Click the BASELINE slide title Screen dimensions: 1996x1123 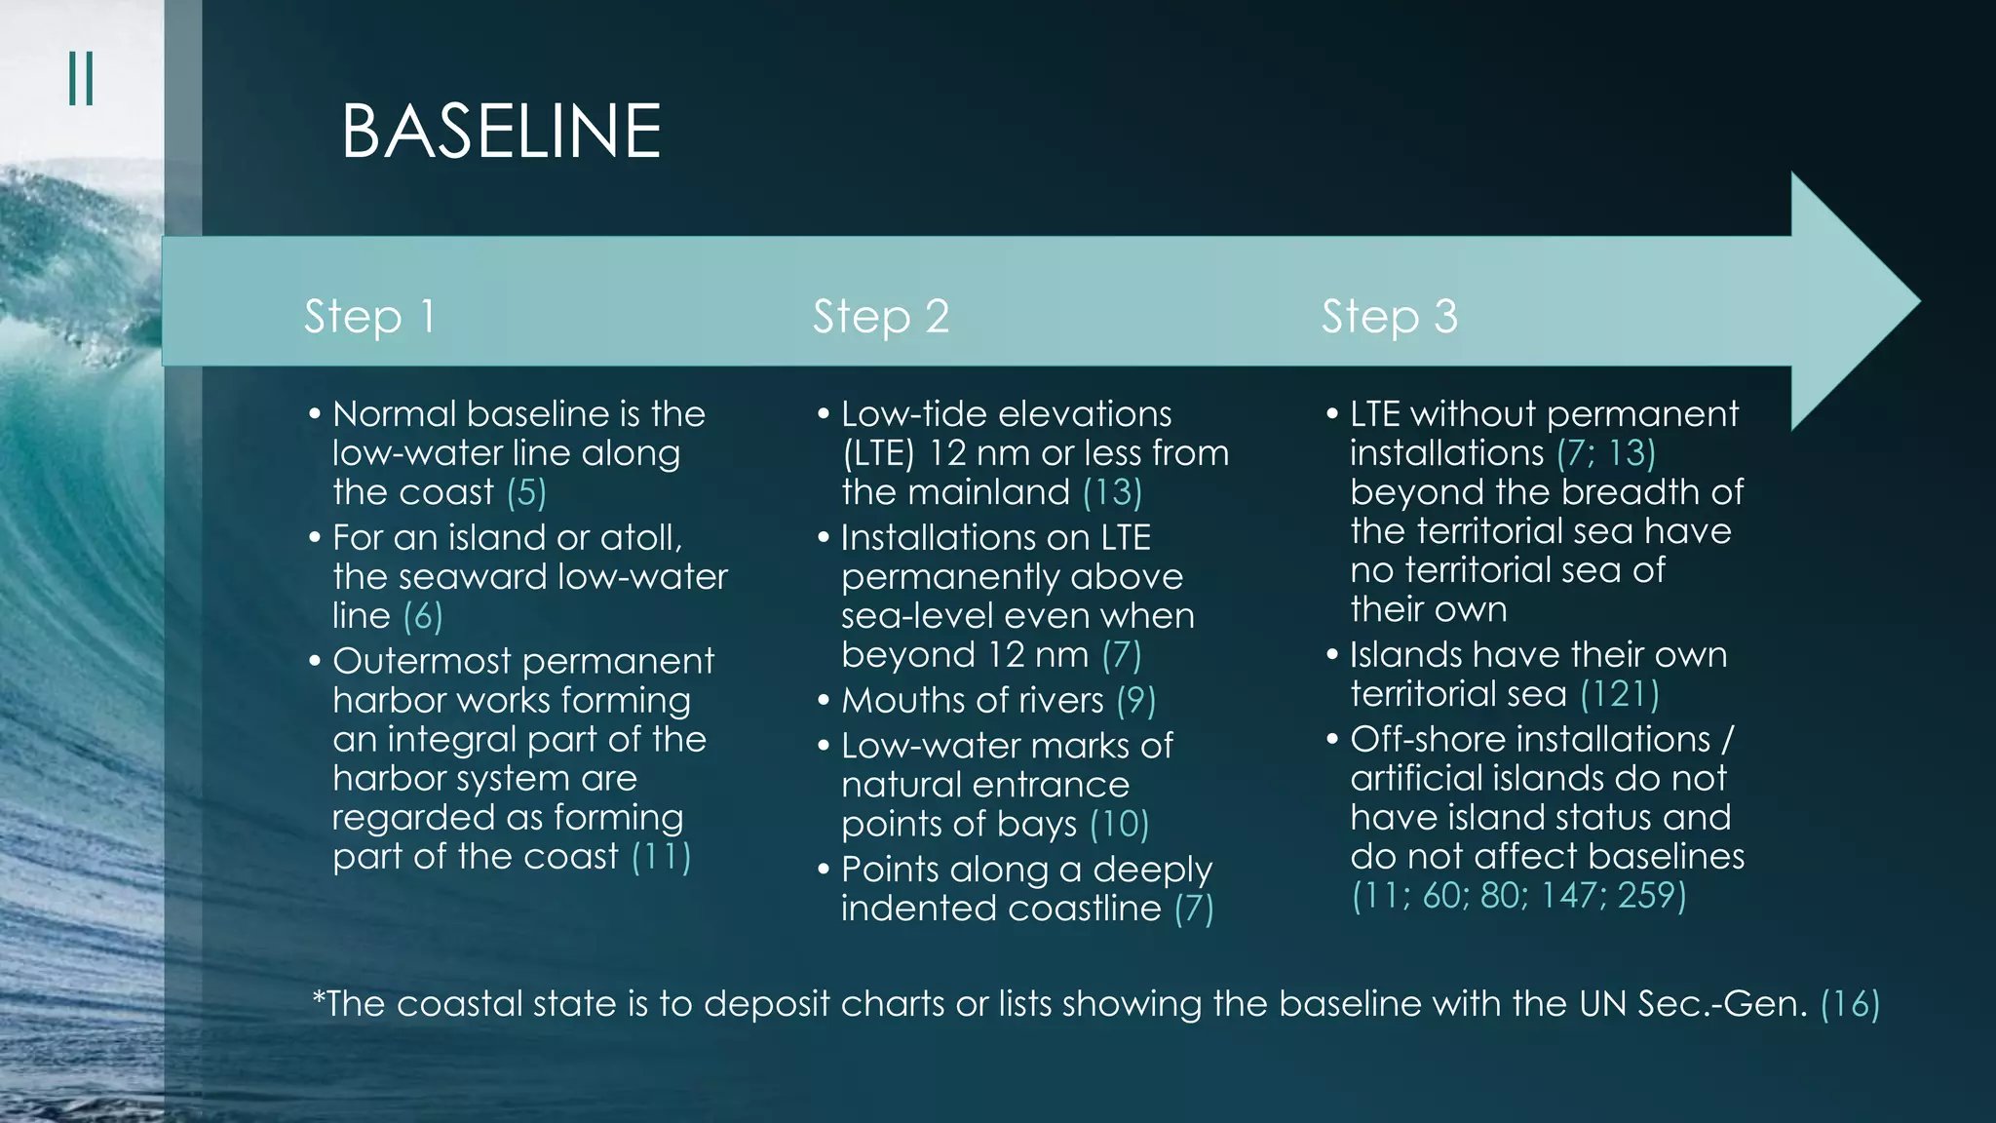point(501,132)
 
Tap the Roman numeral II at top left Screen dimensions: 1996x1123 point(81,79)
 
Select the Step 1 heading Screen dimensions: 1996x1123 point(369,317)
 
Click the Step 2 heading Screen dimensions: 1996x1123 point(881,317)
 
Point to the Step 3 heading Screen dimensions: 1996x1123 point(1389,317)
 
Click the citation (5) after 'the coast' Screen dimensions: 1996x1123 point(526,492)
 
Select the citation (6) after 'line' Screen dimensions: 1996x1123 point(423,616)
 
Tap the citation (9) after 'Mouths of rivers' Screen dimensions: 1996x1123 point(1135,701)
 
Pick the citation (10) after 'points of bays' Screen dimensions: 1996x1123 point(1119,825)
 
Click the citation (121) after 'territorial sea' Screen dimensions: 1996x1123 point(1619,694)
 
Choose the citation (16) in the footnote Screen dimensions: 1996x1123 point(1850,1004)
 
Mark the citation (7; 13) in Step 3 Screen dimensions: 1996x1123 point(1606,453)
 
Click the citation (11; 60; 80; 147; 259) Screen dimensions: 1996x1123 point(1518,896)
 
